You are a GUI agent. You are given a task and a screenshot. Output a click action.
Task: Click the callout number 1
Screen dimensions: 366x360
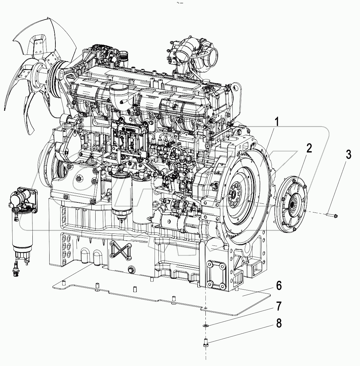[x=276, y=123]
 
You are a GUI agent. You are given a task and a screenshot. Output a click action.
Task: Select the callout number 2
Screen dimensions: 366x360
[x=309, y=149]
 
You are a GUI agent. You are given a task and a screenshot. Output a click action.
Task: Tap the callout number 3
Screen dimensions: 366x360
[x=348, y=154]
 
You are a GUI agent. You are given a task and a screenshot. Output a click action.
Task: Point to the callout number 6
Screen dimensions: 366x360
[x=278, y=286]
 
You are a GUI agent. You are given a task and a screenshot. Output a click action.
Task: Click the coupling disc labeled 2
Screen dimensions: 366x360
[x=292, y=204]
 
